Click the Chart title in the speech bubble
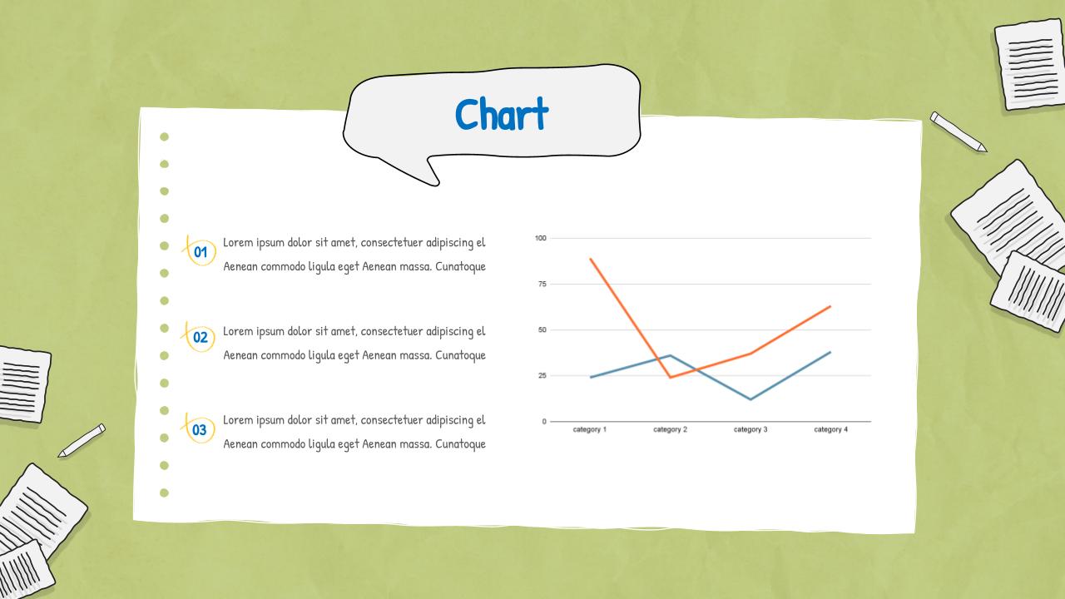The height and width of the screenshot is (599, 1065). (502, 114)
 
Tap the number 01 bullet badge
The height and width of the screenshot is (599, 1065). (201, 251)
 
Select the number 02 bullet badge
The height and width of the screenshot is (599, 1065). (201, 337)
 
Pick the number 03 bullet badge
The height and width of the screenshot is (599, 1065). (200, 429)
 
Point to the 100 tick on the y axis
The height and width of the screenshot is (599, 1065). (541, 238)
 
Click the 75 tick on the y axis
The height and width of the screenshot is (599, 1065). (542, 284)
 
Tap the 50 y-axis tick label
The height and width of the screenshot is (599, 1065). (542, 329)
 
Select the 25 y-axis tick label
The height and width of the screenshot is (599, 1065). (542, 375)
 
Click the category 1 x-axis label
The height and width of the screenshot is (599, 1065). (590, 429)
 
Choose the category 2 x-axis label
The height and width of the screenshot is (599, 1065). (670, 429)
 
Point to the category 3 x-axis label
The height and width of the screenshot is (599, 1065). (750, 429)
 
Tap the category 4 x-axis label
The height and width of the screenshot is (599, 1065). (830, 429)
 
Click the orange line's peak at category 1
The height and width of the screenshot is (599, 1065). (590, 259)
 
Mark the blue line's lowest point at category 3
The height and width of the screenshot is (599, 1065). (750, 399)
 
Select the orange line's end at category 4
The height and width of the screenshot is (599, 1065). (830, 306)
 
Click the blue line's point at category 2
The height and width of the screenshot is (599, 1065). (670, 355)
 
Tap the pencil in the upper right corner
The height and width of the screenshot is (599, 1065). (958, 131)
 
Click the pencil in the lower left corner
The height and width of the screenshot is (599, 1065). (82, 440)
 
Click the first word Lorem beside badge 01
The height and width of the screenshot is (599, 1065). (237, 242)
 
